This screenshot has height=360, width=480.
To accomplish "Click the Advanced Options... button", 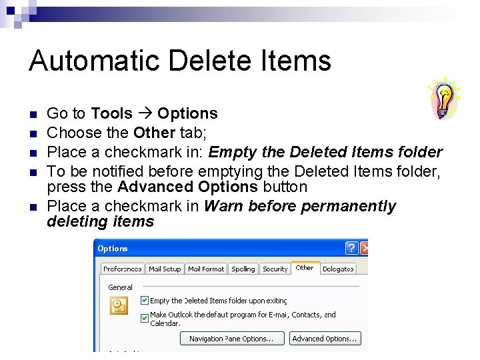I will [x=325, y=339].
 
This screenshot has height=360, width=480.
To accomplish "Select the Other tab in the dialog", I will [x=305, y=268].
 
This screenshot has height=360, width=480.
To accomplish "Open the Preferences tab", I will [x=122, y=269].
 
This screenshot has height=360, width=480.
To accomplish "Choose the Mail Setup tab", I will [x=165, y=269].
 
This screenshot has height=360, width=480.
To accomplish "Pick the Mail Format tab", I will [x=206, y=269].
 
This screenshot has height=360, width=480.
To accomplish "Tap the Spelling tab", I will [x=243, y=269].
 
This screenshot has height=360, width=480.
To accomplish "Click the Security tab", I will [x=275, y=269].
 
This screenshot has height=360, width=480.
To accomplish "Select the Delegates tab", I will [x=338, y=269].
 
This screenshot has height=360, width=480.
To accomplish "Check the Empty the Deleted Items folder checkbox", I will [x=145, y=301].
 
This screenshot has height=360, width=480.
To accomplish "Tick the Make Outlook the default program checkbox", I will [x=145, y=319].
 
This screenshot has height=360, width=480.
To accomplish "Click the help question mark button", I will [x=352, y=249].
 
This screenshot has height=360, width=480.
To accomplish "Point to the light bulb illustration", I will [x=443, y=99].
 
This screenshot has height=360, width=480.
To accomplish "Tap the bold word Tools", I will [x=111, y=113].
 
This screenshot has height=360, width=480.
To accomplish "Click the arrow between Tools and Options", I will [x=145, y=114].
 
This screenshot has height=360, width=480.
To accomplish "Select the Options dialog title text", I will [x=113, y=249].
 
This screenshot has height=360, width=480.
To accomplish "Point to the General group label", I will [x=121, y=287].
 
